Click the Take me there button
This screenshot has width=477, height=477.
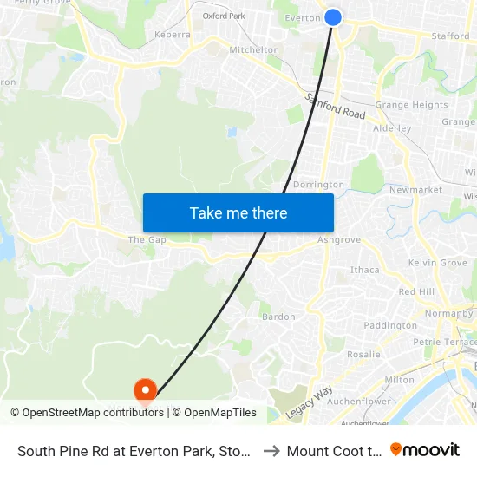pos(238,212)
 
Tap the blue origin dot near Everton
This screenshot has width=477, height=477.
pos(332,16)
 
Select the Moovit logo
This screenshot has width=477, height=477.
pos(425,450)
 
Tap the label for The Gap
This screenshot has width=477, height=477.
pos(146,240)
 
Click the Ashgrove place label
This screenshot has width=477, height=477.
pos(339,240)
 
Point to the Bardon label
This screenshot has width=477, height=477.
pos(278,317)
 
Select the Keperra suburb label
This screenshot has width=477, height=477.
pos(172,35)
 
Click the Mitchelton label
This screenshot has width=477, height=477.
pos(254,50)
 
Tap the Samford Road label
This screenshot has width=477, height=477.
pos(337,107)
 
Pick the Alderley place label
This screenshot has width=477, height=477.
pos(391,128)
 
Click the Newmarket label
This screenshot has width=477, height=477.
pos(415,190)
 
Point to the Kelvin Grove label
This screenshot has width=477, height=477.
pos(437,263)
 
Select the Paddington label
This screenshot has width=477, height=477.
pos(390,326)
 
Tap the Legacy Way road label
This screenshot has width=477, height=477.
pos(310,403)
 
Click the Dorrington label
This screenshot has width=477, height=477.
pos(318,185)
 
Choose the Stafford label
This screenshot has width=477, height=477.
pos(450,36)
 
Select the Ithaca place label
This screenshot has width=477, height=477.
pos(364,270)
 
